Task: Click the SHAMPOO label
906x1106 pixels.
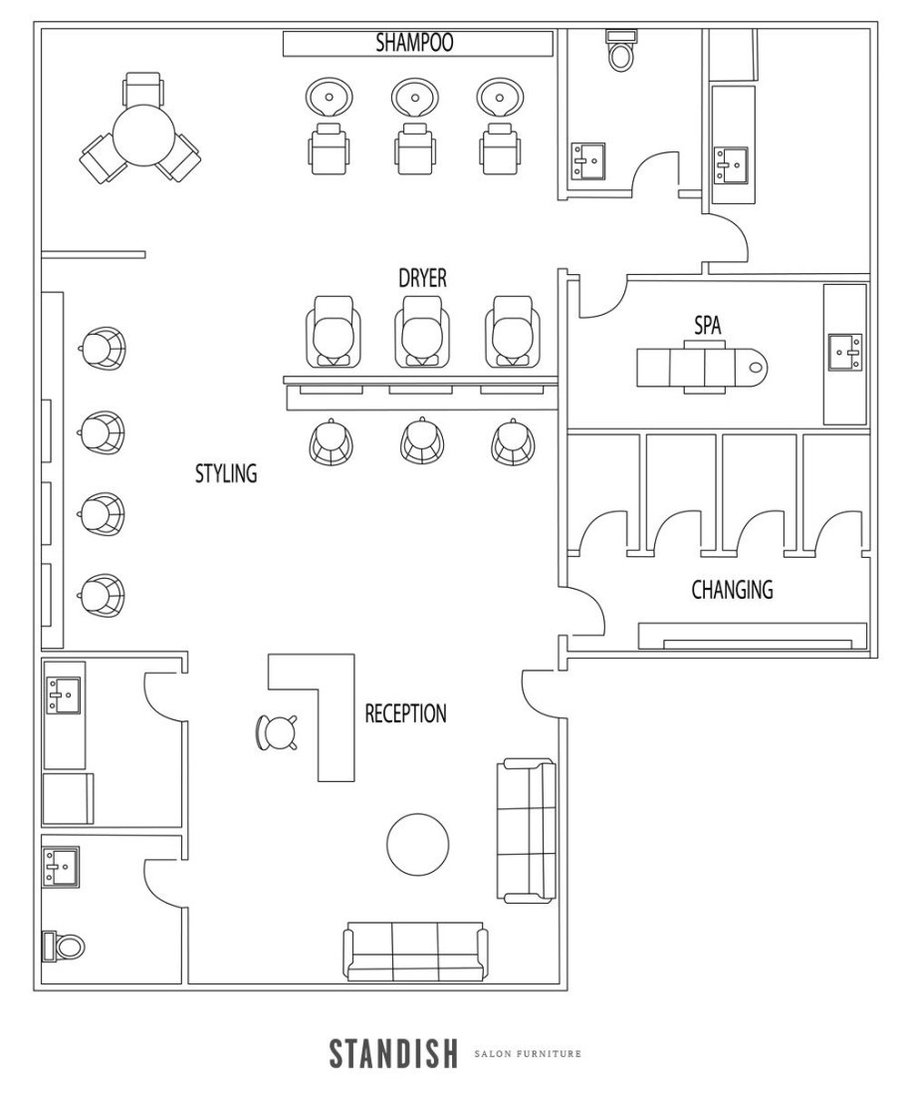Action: point(414,42)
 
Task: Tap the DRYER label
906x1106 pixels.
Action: point(422,278)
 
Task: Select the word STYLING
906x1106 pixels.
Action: point(226,473)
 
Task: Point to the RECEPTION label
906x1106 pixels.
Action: point(405,713)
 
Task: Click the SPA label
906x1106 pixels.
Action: point(707,326)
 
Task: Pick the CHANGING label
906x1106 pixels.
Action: point(732,590)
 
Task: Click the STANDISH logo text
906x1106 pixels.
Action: point(393,1053)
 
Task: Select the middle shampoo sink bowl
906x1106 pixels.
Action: point(414,98)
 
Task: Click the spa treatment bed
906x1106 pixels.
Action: point(702,367)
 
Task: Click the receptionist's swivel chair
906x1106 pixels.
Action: point(275,732)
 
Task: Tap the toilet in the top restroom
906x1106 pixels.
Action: point(620,50)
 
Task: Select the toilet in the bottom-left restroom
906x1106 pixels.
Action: point(63,946)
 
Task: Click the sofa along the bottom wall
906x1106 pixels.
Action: point(416,952)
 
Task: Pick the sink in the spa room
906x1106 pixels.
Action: point(844,353)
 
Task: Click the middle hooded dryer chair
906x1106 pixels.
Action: point(421,331)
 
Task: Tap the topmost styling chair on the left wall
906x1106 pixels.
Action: point(103,348)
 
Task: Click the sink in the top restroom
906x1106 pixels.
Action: point(588,161)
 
